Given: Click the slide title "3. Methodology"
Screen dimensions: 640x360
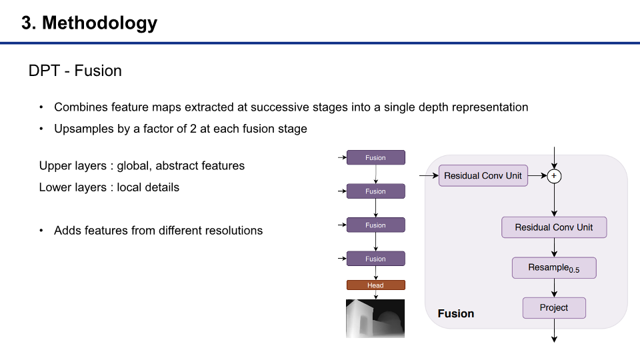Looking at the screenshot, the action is click(x=89, y=23).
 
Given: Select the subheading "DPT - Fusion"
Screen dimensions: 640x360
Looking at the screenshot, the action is click(x=75, y=71).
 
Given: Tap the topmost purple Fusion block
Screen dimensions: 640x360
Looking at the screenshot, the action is click(x=375, y=158).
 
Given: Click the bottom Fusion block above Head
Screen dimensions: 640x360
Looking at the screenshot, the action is click(x=375, y=259).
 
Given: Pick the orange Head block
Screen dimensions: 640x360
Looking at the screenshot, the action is click(x=375, y=285).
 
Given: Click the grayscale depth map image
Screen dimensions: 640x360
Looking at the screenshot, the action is click(x=375, y=318).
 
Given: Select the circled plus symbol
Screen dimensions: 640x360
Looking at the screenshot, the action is click(x=553, y=176).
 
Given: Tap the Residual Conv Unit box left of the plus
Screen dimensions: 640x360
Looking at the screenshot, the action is click(x=483, y=176).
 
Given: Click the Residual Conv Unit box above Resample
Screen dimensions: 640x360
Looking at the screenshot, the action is click(x=553, y=227).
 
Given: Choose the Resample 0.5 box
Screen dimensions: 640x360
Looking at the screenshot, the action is click(x=553, y=268).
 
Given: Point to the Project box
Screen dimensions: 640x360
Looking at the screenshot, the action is click(x=553, y=308).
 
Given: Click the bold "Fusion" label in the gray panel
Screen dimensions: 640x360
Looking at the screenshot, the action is click(x=456, y=313).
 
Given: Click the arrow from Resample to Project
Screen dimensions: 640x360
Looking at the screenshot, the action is click(x=553, y=288).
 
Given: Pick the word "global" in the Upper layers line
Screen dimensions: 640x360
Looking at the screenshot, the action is click(x=133, y=165).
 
